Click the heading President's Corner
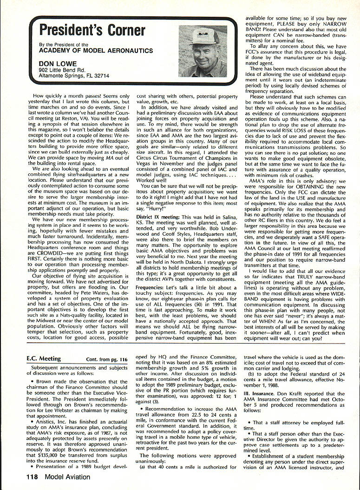click(92, 30)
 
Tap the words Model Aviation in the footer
click(68, 477)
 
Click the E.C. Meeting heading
click(44, 359)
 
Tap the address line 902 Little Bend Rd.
click(68, 70)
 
